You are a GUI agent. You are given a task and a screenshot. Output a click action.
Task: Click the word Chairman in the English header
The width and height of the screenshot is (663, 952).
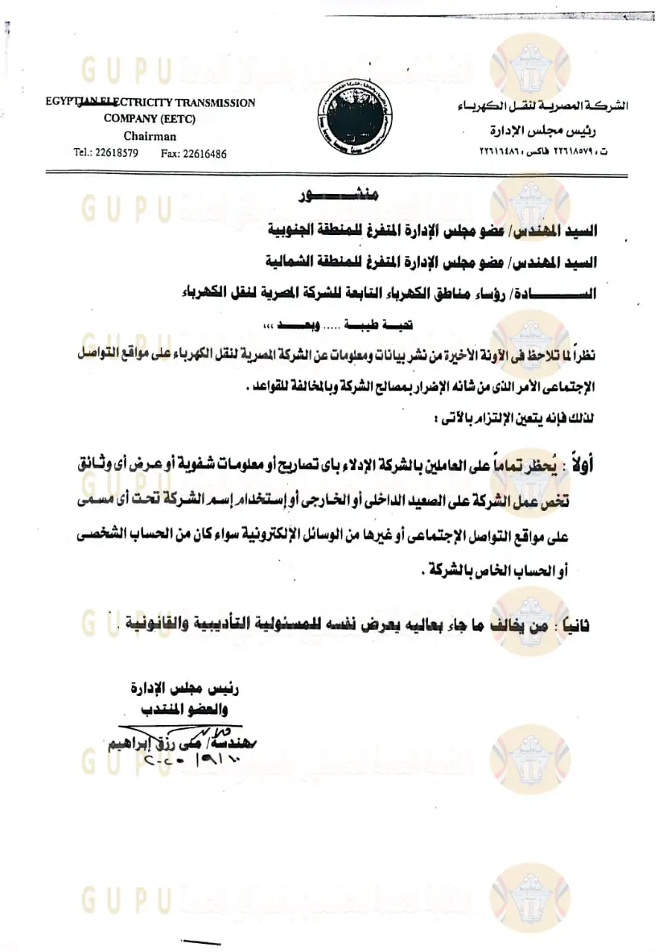150,136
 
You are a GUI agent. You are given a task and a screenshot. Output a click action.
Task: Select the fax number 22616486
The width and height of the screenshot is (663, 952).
204,153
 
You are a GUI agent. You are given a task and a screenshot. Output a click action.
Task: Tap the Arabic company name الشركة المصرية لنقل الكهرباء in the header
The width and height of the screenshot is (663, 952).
542,106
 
